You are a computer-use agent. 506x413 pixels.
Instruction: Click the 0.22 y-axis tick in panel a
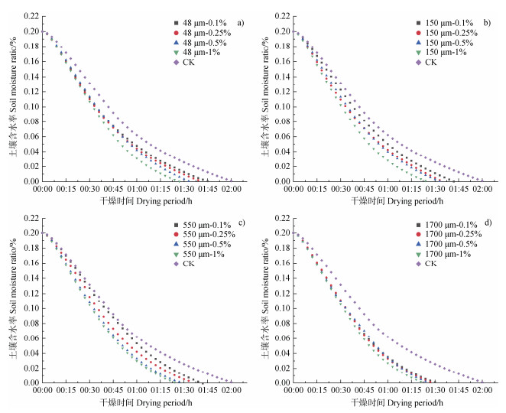tap(29, 16)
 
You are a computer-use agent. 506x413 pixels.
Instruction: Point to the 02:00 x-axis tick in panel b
tap(482, 189)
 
